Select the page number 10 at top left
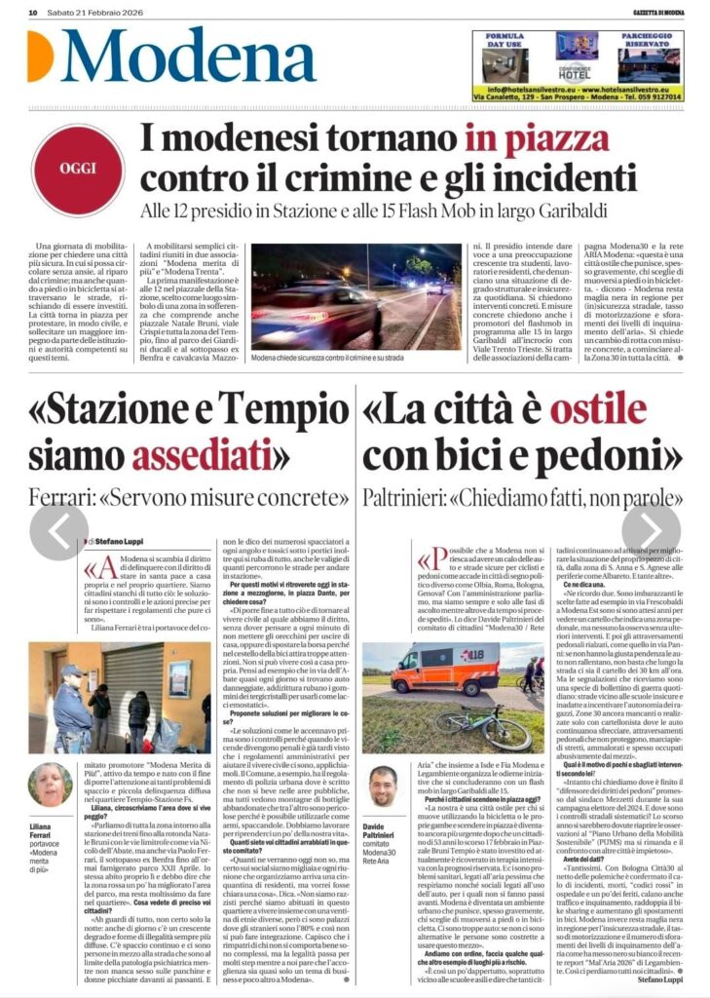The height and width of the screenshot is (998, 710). pos(32,13)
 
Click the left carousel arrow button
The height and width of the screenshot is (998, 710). pos(58,531)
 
